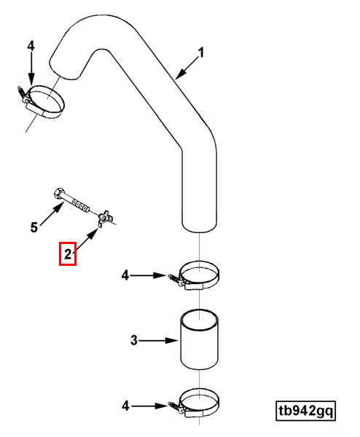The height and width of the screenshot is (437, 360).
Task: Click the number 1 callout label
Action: coord(201,52)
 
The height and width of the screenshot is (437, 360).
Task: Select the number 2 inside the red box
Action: coord(68,254)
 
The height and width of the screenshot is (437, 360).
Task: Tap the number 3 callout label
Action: coord(134,340)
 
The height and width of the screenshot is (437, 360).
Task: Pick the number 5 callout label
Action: coord(34,227)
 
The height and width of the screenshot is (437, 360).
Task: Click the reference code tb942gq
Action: coord(305,411)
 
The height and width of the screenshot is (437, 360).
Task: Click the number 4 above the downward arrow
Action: coord(31,46)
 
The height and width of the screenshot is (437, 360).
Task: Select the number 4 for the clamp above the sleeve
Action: coord(125,275)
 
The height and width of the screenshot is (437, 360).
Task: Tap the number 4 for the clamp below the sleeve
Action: coord(125,406)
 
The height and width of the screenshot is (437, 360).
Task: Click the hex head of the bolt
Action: coord(58,193)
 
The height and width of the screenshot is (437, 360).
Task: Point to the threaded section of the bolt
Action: coord(81,205)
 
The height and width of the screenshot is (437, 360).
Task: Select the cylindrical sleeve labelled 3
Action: coord(200,339)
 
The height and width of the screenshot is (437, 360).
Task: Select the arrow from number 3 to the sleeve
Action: coord(158,341)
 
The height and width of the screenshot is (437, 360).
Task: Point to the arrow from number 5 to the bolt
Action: coord(52,214)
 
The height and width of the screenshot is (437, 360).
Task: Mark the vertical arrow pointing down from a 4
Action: coord(31,68)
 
